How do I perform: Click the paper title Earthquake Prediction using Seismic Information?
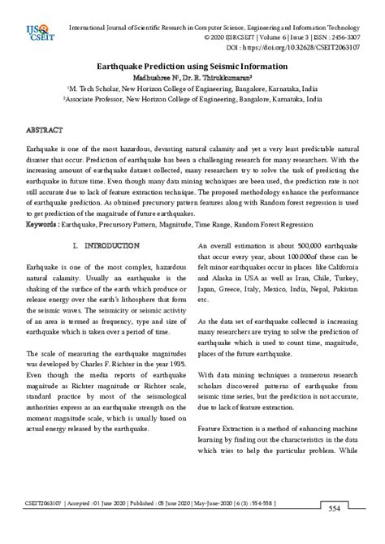192,66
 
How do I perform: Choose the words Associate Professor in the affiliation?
102,98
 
